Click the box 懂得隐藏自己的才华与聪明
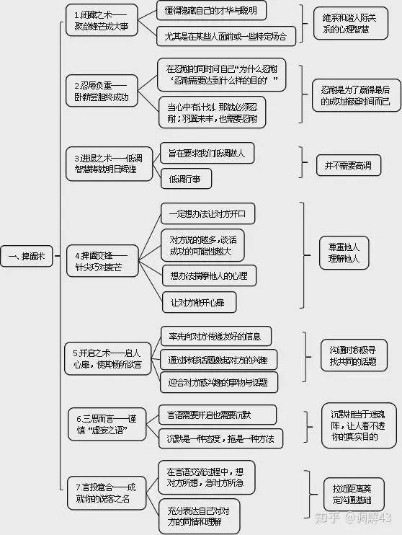[211, 10]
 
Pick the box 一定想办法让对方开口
[207, 214]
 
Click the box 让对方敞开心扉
[198, 302]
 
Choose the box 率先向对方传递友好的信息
[215, 335]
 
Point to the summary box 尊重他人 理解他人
[343, 252]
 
